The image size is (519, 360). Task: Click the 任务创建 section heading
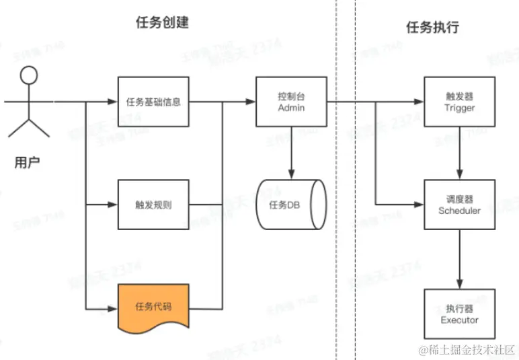tap(162, 22)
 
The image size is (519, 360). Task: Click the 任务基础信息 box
tap(153, 102)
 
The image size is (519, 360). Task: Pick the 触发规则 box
tap(153, 205)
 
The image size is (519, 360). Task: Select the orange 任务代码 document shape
tap(153, 308)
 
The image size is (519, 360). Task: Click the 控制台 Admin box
tap(291, 102)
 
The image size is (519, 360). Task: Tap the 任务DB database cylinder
tap(290, 205)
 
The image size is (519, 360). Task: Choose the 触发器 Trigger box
tap(460, 102)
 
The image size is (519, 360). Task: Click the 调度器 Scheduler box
tap(460, 205)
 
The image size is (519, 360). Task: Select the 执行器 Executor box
tap(460, 314)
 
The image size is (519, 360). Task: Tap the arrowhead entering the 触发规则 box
tap(114, 205)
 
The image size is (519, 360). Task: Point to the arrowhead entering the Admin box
tap(251, 102)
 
